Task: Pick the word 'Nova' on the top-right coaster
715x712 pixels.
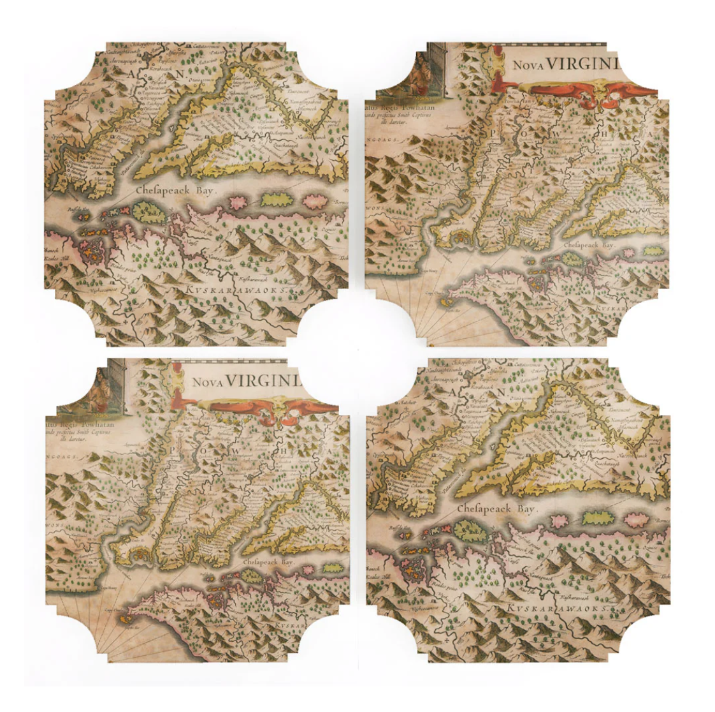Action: point(526,66)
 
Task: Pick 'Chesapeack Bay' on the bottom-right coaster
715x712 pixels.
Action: point(497,509)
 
